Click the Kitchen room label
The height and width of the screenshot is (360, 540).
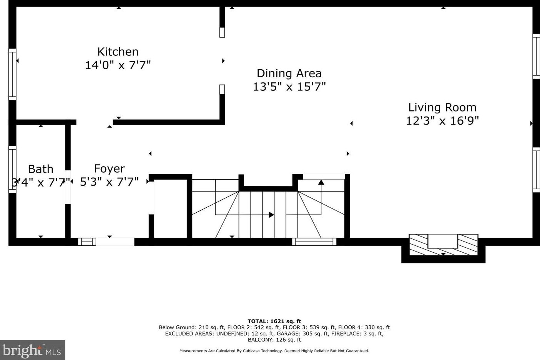pyautogui.click(x=118, y=52)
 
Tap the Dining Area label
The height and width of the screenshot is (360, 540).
pyautogui.click(x=289, y=73)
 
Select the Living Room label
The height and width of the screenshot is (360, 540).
pyautogui.click(x=442, y=107)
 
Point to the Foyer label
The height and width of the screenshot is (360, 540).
pyautogui.click(x=110, y=169)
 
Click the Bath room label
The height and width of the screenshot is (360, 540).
pyautogui.click(x=40, y=169)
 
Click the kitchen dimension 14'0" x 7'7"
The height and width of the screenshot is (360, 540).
pyautogui.click(x=118, y=65)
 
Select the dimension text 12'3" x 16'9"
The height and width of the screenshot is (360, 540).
pyautogui.click(x=442, y=121)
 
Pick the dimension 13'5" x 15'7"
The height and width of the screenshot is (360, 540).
pyautogui.click(x=289, y=87)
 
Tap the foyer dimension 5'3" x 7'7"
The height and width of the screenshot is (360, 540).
pyautogui.click(x=109, y=182)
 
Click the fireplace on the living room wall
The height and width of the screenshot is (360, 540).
pyautogui.click(x=443, y=245)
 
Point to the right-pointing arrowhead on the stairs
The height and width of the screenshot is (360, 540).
pyautogui.click(x=271, y=215)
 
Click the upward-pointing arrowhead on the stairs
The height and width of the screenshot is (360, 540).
pyautogui.click(x=321, y=182)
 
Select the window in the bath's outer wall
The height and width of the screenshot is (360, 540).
pyautogui.click(x=12, y=169)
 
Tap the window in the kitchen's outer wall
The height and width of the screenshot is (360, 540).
pyautogui.click(x=12, y=74)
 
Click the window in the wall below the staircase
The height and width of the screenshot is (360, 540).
pyautogui.click(x=314, y=242)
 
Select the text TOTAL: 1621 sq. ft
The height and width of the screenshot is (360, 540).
pyautogui.click(x=274, y=321)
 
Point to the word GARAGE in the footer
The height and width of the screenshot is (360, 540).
pyautogui.click(x=287, y=333)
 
